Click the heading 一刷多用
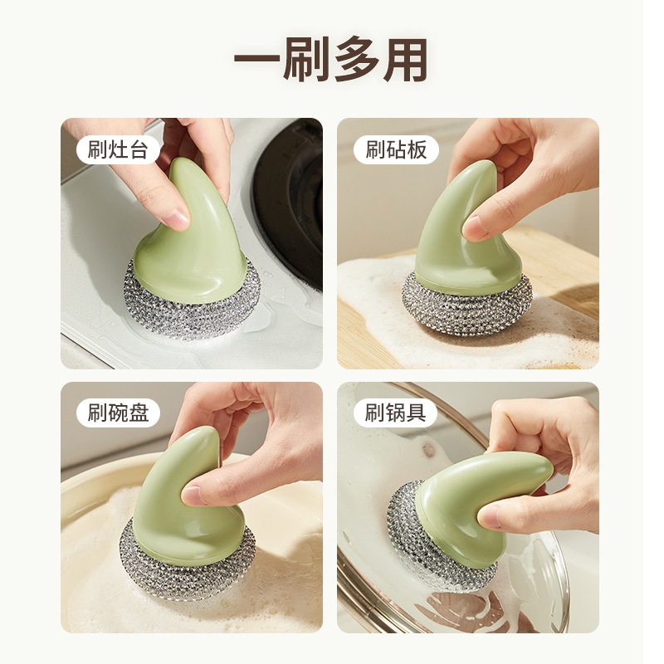point(330,59)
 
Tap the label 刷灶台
point(118,149)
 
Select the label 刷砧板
point(396,149)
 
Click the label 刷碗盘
point(118,413)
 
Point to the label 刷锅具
point(396,413)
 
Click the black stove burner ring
point(288,203)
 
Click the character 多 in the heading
point(357,59)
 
